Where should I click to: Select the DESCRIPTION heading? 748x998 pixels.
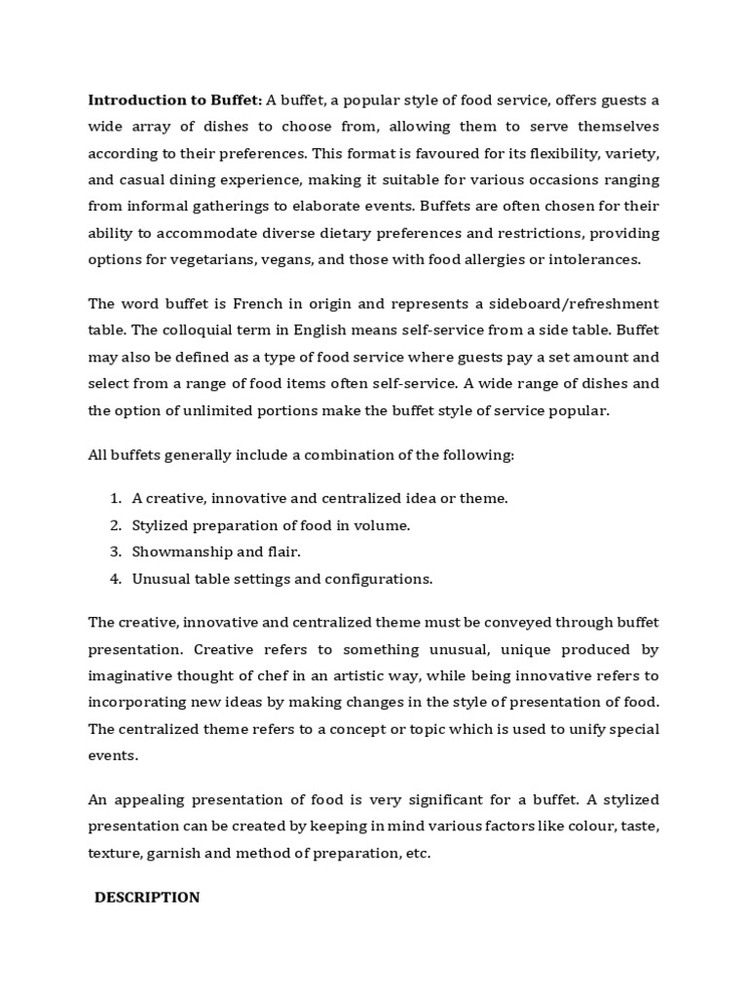[147, 898]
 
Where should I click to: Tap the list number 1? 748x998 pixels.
[114, 498]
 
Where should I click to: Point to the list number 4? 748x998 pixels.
[114, 579]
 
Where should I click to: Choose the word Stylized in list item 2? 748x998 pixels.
[162, 525]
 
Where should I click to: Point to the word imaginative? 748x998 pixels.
[134, 675]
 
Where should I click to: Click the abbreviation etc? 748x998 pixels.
[418, 854]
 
